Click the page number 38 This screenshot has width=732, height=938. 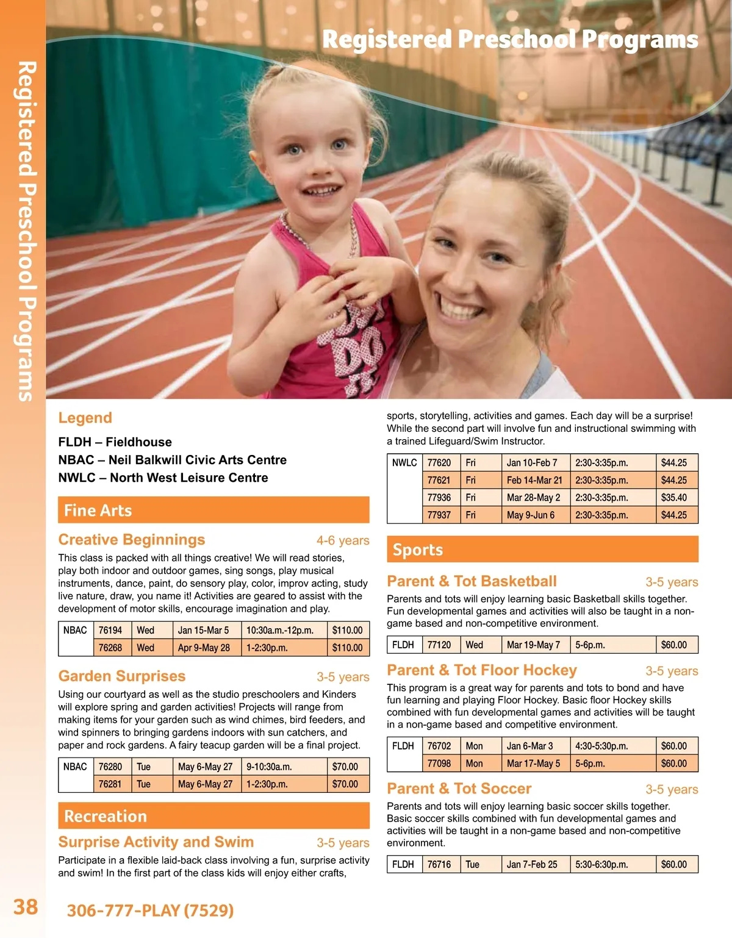click(x=26, y=907)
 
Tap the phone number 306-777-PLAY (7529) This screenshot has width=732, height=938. click(x=150, y=911)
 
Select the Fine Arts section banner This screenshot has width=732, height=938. click(x=213, y=510)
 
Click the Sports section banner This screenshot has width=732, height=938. click(x=542, y=550)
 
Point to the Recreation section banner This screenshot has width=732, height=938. click(x=213, y=815)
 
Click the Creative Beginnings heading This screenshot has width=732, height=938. click(x=132, y=540)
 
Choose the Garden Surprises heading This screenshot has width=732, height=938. click(x=122, y=676)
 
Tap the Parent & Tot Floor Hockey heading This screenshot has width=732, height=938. click(x=482, y=670)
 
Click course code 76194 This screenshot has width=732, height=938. click(x=110, y=630)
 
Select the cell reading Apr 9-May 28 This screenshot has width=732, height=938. click(x=204, y=648)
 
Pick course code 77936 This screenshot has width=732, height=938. click(x=439, y=498)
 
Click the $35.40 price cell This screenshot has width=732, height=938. click(x=674, y=498)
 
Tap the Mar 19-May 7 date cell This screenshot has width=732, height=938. click(x=533, y=645)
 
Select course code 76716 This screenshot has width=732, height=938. click(x=439, y=864)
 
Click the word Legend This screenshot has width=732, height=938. click(x=85, y=418)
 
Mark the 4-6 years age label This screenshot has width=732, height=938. click(x=343, y=540)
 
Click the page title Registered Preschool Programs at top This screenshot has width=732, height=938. click(x=510, y=40)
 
